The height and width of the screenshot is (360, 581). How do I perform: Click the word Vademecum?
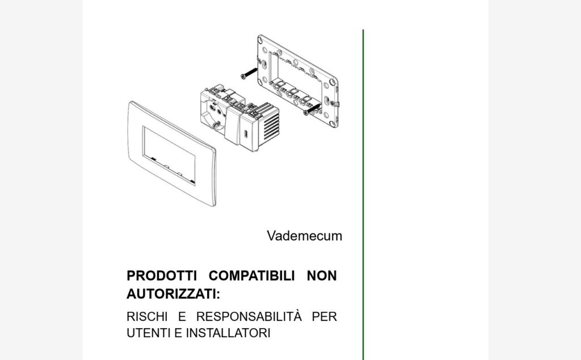coord(304,236)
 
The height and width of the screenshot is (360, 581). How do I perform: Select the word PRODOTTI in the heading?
coord(162,276)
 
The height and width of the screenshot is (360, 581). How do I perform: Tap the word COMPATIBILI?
coord(251,276)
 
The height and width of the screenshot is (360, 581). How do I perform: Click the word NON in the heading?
coord(322,276)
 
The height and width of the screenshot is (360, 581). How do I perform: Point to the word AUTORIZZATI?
coord(173,294)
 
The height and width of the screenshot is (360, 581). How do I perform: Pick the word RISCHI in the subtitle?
coord(147,317)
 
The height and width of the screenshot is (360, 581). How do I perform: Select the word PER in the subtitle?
coord(324,317)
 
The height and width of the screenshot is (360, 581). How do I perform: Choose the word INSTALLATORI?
coord(228,333)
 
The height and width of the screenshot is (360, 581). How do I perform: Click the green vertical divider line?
coord(363,195)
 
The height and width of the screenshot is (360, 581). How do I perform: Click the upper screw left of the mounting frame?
coord(249,73)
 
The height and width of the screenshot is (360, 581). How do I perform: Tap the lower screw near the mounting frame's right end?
coord(312,109)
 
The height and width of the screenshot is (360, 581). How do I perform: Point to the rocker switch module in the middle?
coord(233,125)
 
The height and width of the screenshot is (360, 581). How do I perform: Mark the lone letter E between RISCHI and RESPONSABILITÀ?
coord(182,317)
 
